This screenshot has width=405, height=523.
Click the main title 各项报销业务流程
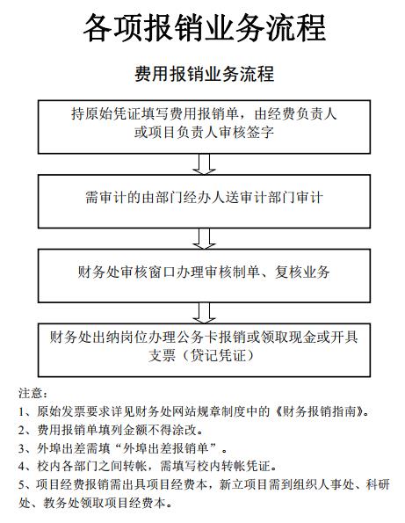point(204,28)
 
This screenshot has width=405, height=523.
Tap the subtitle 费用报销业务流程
point(204,74)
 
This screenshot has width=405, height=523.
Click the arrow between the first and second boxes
point(204,164)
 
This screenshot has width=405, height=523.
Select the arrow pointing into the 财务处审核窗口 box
point(204,238)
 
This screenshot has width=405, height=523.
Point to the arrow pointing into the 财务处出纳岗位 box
point(204,313)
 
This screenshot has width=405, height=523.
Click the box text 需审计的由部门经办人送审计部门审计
point(204,198)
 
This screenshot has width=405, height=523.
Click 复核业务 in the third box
point(302,272)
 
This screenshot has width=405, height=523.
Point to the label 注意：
point(33,393)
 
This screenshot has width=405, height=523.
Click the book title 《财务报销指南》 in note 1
point(320,411)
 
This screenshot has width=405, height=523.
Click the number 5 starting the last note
point(21,484)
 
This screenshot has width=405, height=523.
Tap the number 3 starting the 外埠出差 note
point(21,448)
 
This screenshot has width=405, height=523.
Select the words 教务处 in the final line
point(61,503)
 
